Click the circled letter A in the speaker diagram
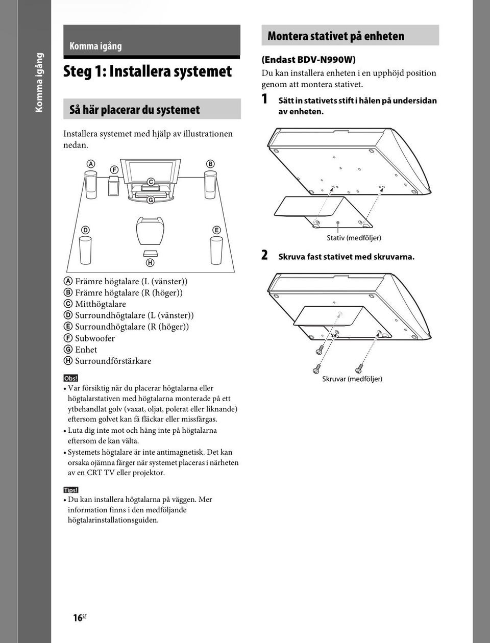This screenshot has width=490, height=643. pos(91,164)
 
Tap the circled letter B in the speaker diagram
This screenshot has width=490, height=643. pos(210,164)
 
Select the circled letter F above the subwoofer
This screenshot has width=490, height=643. pos(114,169)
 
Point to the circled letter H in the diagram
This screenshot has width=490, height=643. pos(150,263)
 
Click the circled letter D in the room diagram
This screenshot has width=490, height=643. pos(85,230)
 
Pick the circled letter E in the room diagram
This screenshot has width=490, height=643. pos(216,230)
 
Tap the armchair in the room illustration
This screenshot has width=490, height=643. pos(151,231)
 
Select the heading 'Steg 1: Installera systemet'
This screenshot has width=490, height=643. pos(148,71)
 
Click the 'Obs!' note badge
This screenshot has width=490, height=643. pos(70,378)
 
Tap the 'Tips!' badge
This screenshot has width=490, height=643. pos(71,490)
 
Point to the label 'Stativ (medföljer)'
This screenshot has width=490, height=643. pos(354,238)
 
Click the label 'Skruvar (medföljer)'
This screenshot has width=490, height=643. pos(352,379)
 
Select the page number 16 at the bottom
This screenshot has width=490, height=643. pos(78,618)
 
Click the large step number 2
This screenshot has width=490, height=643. pos(264,255)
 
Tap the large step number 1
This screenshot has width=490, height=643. pos(264,99)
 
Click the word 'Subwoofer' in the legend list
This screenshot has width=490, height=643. pos(95,338)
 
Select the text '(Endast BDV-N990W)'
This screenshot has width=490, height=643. pos(308,60)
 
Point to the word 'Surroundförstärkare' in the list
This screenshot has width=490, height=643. pos(113,361)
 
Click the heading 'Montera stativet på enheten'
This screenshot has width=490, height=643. pos(336,36)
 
